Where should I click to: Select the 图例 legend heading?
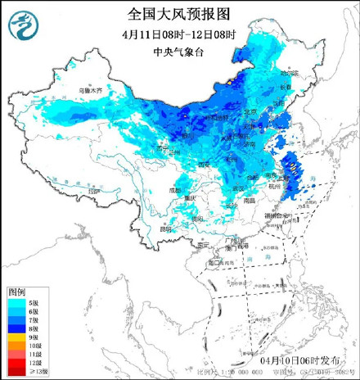tap(17, 292)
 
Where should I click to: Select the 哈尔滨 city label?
tap(307, 75)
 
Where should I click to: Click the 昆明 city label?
tap(167, 228)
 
